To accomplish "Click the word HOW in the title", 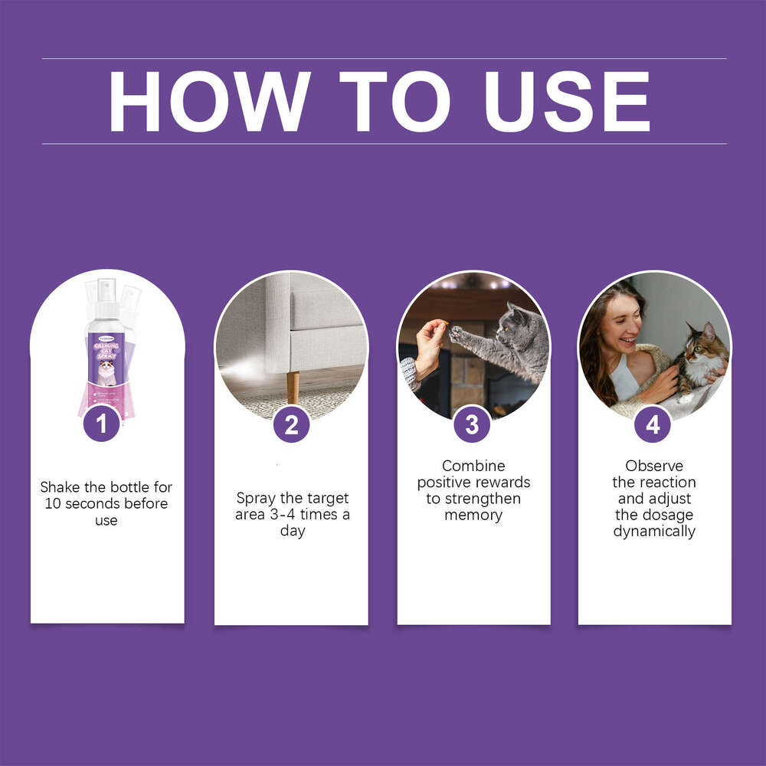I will (x=209, y=101).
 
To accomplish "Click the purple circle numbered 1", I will (x=102, y=423).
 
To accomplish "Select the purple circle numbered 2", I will (x=291, y=424).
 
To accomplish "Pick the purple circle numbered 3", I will (x=472, y=424).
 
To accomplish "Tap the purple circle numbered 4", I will (x=653, y=424).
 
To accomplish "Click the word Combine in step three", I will (x=473, y=466).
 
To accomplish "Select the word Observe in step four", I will (x=653, y=466).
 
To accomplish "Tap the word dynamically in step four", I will (x=654, y=532).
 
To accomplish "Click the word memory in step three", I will (x=473, y=516).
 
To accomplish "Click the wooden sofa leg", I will (x=292, y=386).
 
